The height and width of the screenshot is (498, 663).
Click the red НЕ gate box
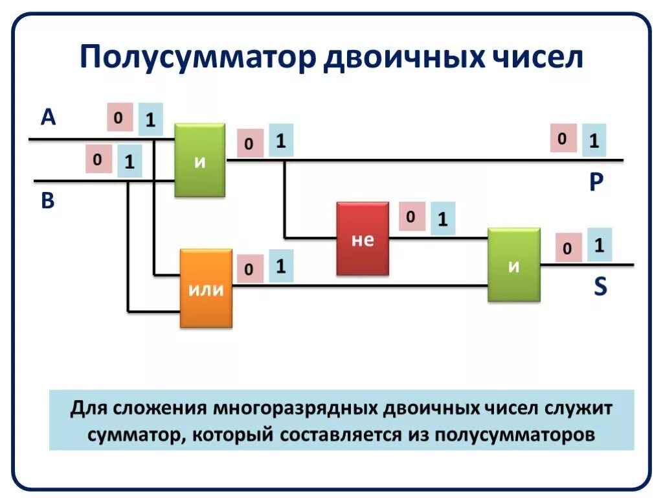click(363, 239)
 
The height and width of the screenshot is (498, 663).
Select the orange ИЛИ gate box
click(206, 289)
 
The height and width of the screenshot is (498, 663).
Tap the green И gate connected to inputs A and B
click(200, 160)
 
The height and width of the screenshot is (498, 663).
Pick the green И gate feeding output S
click(514, 265)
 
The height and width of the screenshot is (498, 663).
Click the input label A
click(49, 117)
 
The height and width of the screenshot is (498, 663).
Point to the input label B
click(48, 201)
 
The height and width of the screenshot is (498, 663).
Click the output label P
click(596, 184)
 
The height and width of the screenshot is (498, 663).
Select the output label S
click(600, 287)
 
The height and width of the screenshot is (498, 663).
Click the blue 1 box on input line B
click(129, 161)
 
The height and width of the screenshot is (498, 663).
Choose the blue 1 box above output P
click(593, 140)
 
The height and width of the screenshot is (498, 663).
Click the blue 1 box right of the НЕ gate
click(442, 219)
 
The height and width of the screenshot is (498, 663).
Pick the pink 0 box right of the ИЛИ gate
click(249, 268)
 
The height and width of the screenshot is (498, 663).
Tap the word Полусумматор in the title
click(197, 57)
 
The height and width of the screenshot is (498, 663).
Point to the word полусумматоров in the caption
click(515, 433)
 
